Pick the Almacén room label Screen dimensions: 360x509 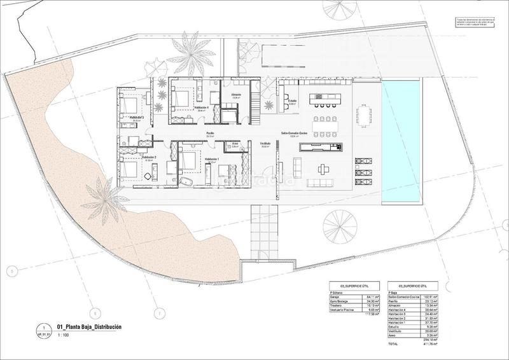(235, 95)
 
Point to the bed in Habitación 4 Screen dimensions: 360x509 (180, 99)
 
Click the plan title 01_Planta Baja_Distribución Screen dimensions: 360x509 (89, 328)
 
